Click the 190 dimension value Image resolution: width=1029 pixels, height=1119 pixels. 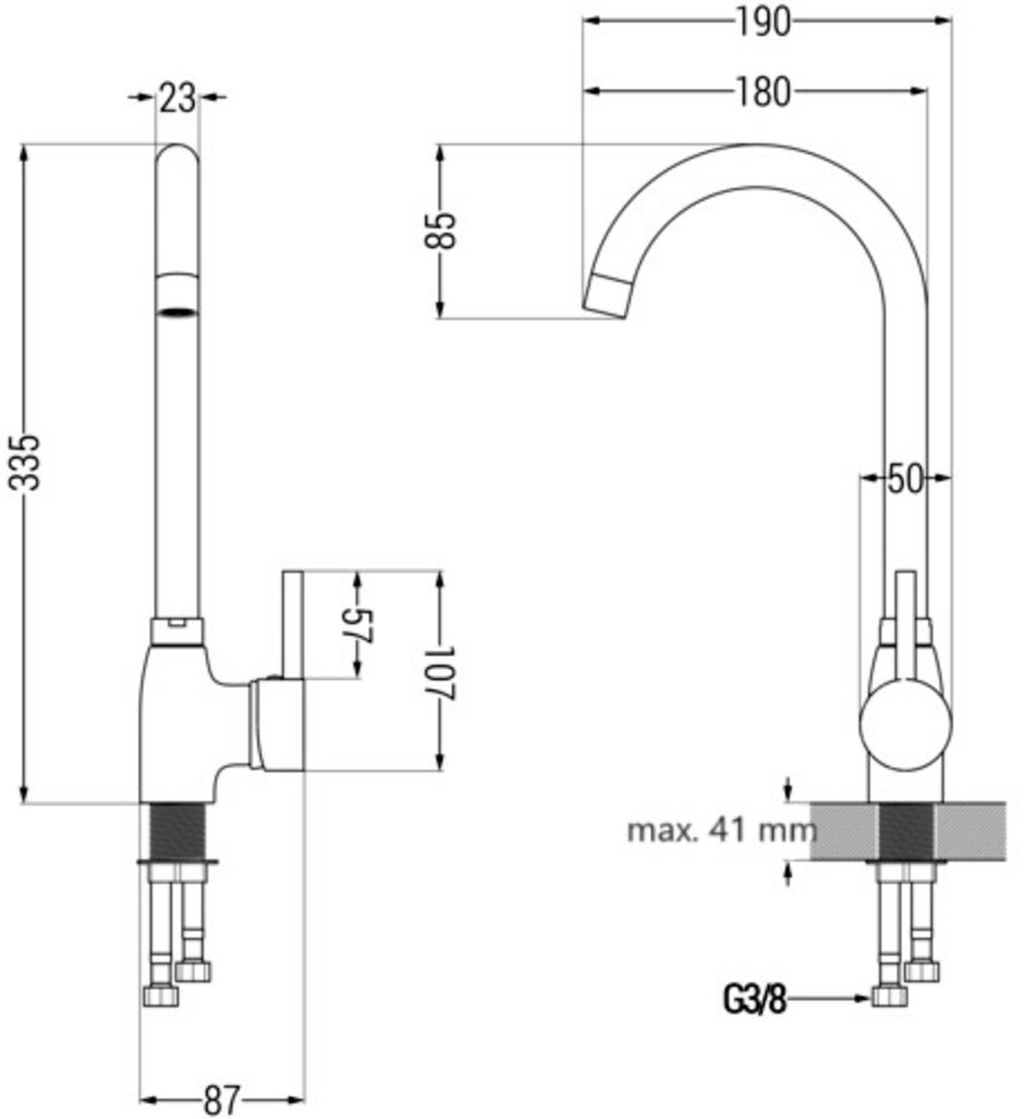point(764,22)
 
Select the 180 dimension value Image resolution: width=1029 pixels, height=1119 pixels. point(764,92)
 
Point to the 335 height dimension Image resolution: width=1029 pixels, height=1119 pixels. point(25,462)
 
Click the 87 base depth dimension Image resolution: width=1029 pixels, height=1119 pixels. point(222,1099)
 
